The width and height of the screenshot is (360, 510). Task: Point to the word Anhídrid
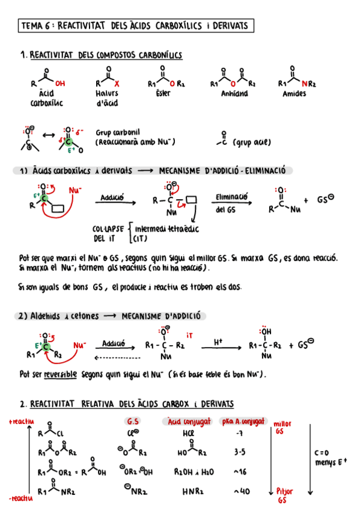[234, 94]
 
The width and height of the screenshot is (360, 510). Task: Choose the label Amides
[294, 94]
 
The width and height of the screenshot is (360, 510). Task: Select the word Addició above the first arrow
[112, 197]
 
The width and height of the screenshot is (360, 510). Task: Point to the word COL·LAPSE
[108, 229]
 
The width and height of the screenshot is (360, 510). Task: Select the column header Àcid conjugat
[187, 421]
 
